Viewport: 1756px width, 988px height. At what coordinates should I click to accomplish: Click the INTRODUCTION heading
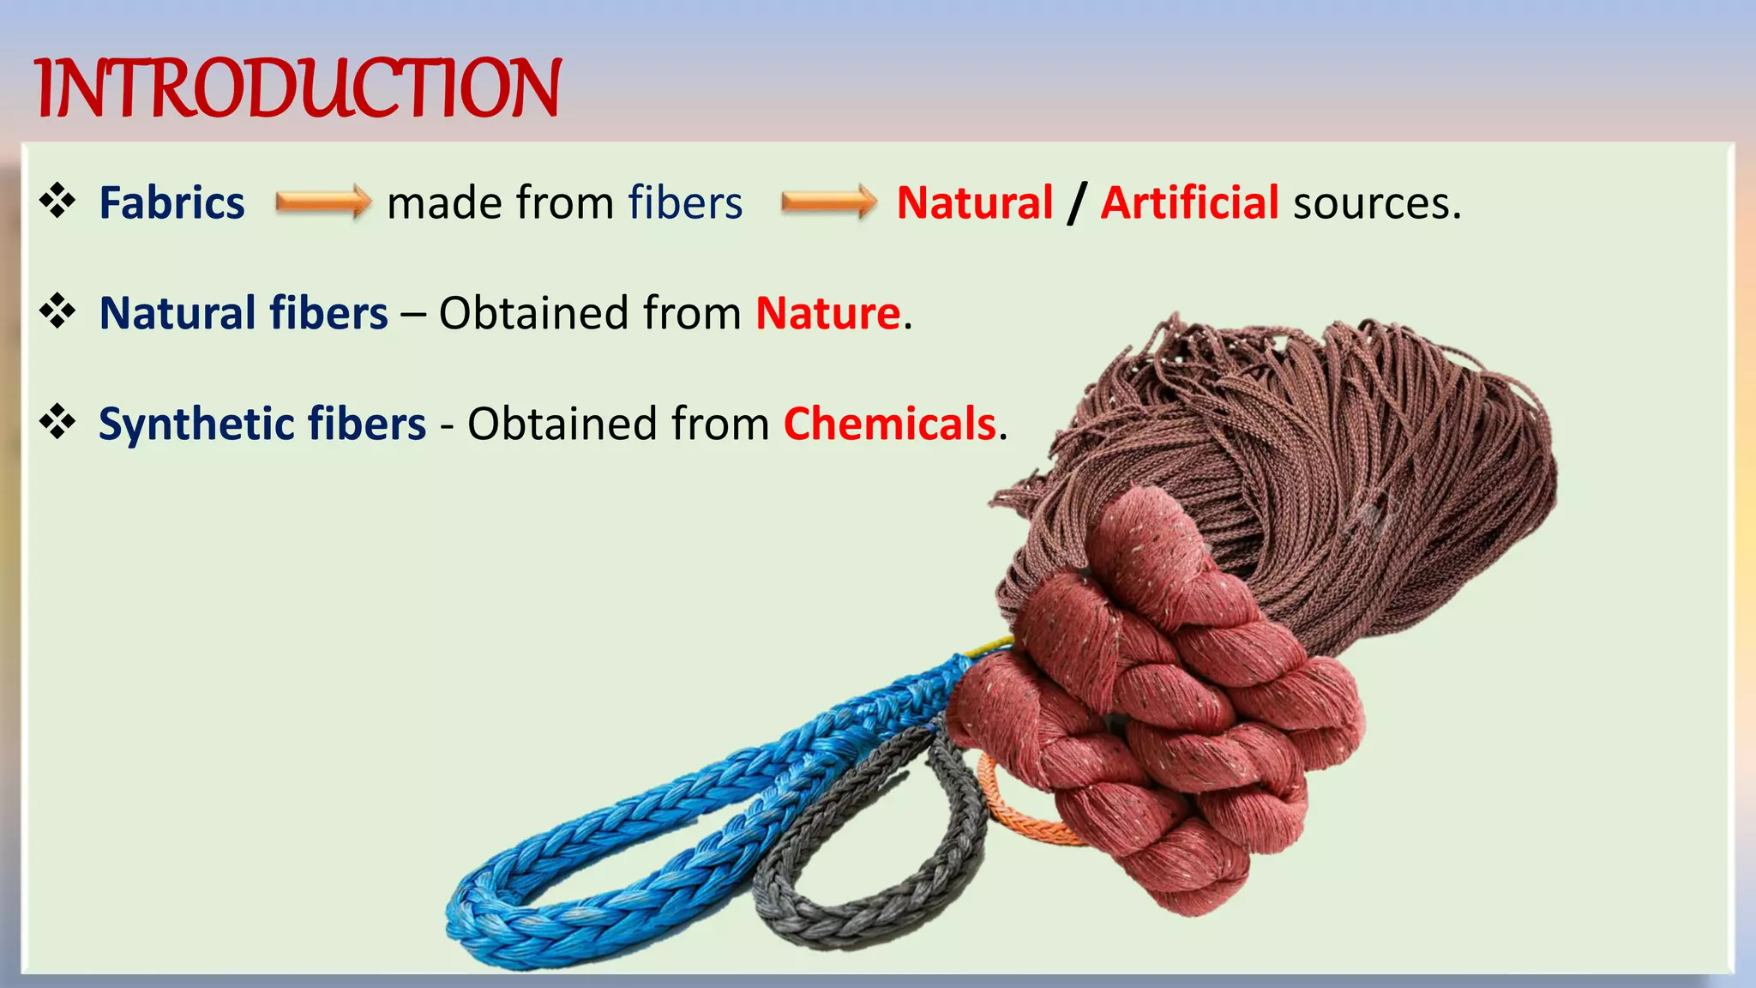(x=298, y=88)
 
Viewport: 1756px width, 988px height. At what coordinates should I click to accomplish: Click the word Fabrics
(x=171, y=203)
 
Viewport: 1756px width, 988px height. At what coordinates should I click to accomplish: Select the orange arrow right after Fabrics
(x=322, y=203)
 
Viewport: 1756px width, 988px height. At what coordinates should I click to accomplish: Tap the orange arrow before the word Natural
(x=828, y=203)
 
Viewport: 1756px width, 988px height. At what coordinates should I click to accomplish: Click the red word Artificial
(x=1189, y=203)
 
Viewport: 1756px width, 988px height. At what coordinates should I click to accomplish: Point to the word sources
(x=1376, y=204)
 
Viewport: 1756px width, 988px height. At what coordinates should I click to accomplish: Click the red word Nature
(x=827, y=313)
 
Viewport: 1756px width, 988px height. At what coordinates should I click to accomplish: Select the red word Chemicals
(x=889, y=424)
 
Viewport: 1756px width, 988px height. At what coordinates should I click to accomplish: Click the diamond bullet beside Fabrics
(x=57, y=202)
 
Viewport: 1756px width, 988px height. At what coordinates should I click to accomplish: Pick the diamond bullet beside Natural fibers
(x=57, y=311)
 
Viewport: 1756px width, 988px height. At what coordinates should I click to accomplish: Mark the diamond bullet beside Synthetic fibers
(x=57, y=422)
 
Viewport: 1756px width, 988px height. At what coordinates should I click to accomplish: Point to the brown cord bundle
(x=1338, y=446)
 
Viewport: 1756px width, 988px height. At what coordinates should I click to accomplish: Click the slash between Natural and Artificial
(x=1077, y=204)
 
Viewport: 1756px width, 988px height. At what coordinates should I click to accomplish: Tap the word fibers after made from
(x=685, y=203)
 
